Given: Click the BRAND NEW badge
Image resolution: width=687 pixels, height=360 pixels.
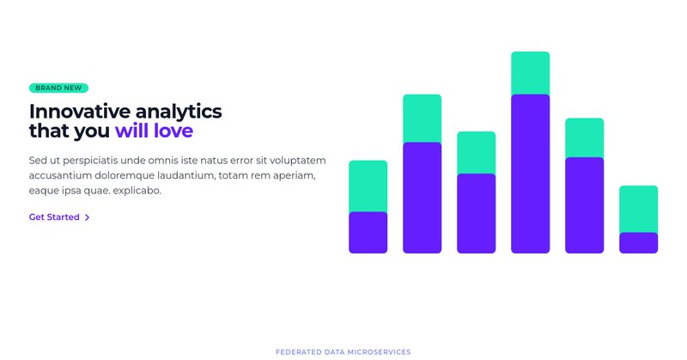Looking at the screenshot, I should click(x=58, y=88).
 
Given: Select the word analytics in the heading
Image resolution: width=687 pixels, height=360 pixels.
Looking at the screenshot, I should click(x=179, y=111).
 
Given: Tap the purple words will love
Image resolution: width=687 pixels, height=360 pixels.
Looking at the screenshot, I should click(x=154, y=131).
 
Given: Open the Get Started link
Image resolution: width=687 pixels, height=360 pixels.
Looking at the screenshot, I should click(x=54, y=217).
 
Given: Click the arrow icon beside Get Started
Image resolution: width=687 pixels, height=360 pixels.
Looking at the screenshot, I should click(x=88, y=217).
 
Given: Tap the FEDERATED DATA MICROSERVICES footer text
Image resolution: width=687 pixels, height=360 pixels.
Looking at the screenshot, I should click(x=343, y=352).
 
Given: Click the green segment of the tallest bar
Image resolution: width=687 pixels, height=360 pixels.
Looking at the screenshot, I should click(x=530, y=73).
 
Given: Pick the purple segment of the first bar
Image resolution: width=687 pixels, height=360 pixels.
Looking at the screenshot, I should click(x=368, y=232).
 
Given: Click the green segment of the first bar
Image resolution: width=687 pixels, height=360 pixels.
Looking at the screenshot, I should click(x=368, y=186).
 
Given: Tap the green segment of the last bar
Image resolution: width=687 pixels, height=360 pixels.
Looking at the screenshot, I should click(x=638, y=209).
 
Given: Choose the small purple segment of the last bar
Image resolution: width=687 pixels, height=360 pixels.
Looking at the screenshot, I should click(x=638, y=242).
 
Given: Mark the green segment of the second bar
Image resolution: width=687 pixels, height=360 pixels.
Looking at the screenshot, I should click(x=422, y=119).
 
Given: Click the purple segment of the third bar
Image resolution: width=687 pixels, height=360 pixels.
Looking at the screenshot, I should click(x=476, y=213).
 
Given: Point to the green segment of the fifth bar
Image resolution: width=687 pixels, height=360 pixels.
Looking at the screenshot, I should click(x=584, y=137).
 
